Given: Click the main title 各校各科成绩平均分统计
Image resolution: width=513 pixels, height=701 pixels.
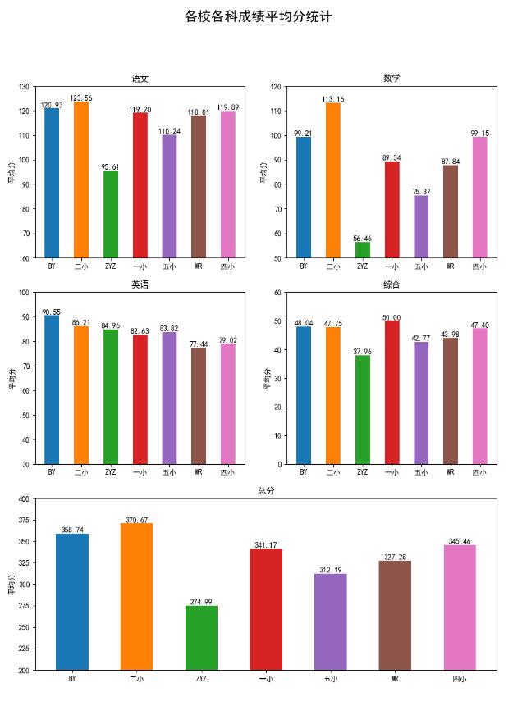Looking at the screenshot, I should [258, 16].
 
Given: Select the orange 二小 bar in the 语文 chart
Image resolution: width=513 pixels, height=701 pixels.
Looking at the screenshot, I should [81, 180].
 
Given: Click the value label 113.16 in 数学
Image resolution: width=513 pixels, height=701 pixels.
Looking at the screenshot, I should [332, 99].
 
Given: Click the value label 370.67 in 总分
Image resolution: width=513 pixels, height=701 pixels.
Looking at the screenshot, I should [136, 520].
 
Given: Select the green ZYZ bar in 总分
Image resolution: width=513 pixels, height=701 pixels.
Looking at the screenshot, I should [201, 638].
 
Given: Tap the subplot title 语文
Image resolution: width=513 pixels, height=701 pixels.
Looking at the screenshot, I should [140, 79].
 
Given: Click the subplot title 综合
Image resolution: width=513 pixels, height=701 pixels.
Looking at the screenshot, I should [392, 284].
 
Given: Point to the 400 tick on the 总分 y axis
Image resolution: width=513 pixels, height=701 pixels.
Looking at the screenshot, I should [24, 498].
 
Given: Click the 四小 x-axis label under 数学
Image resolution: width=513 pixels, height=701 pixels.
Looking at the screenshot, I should [479, 266].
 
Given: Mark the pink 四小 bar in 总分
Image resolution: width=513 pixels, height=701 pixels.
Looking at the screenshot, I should [459, 608].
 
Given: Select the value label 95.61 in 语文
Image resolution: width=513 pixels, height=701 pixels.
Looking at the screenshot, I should [111, 167].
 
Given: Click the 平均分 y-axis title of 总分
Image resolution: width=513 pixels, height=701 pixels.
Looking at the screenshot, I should [11, 584].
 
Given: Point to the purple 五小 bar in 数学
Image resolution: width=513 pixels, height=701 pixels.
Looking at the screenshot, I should [421, 226].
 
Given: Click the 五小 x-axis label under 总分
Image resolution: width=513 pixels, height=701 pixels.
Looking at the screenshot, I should [330, 679].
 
